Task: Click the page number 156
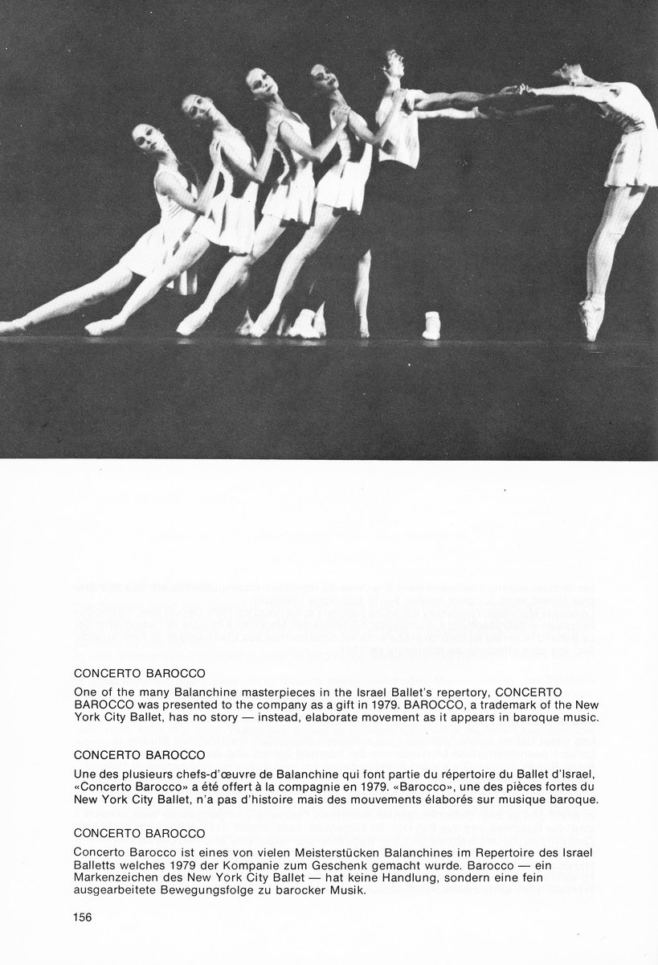tap(84, 916)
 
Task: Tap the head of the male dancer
tap(392, 66)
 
